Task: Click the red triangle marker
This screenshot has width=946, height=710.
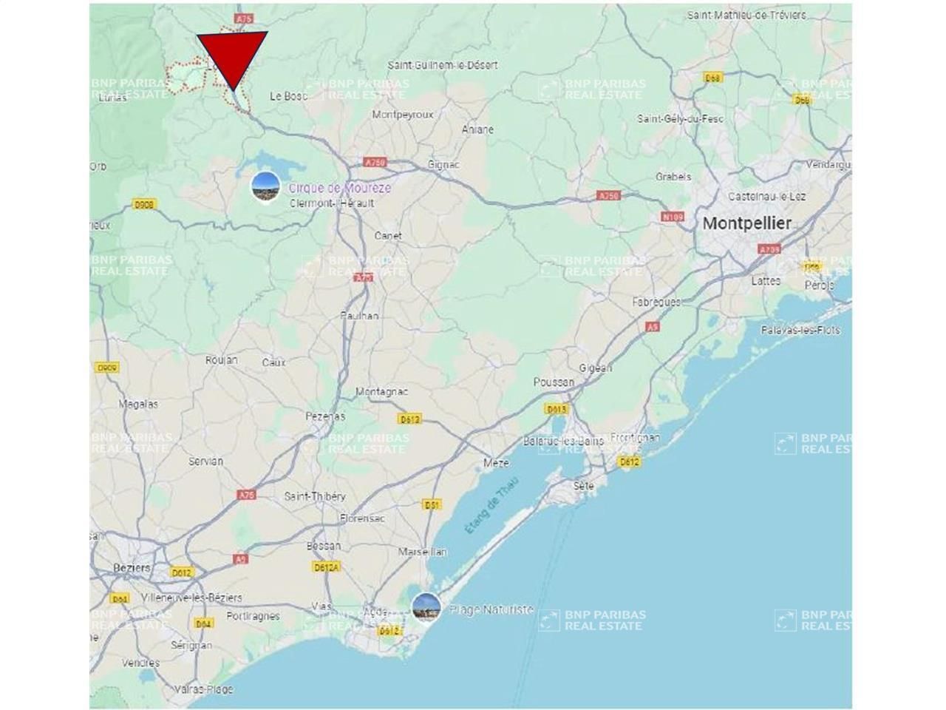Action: (x=232, y=55)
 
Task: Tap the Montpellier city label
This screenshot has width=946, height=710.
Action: (x=746, y=223)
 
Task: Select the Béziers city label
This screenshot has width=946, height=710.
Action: (x=132, y=568)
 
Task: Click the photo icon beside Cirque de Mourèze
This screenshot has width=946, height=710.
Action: (x=265, y=186)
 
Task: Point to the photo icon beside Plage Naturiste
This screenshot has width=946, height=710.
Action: (x=426, y=607)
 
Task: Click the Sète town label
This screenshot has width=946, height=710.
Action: (x=583, y=486)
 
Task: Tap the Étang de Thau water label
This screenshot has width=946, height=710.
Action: (x=491, y=506)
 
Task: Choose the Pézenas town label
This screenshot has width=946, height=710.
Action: (x=325, y=416)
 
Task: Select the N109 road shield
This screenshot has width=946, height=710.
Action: (x=672, y=217)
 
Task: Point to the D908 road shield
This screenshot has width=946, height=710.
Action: (x=143, y=204)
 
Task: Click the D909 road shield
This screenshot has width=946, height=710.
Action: (x=107, y=367)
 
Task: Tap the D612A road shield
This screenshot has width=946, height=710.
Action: (x=326, y=567)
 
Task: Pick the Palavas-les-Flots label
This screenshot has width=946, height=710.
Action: (x=800, y=331)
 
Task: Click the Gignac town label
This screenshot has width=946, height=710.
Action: (x=443, y=164)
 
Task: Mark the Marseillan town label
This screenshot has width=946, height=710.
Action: (x=422, y=552)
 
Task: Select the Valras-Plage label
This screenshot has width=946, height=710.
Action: (x=203, y=689)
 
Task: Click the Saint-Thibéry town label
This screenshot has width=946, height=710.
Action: (x=315, y=496)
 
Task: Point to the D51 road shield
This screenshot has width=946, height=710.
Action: (x=432, y=504)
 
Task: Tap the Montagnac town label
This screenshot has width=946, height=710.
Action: (x=381, y=391)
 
